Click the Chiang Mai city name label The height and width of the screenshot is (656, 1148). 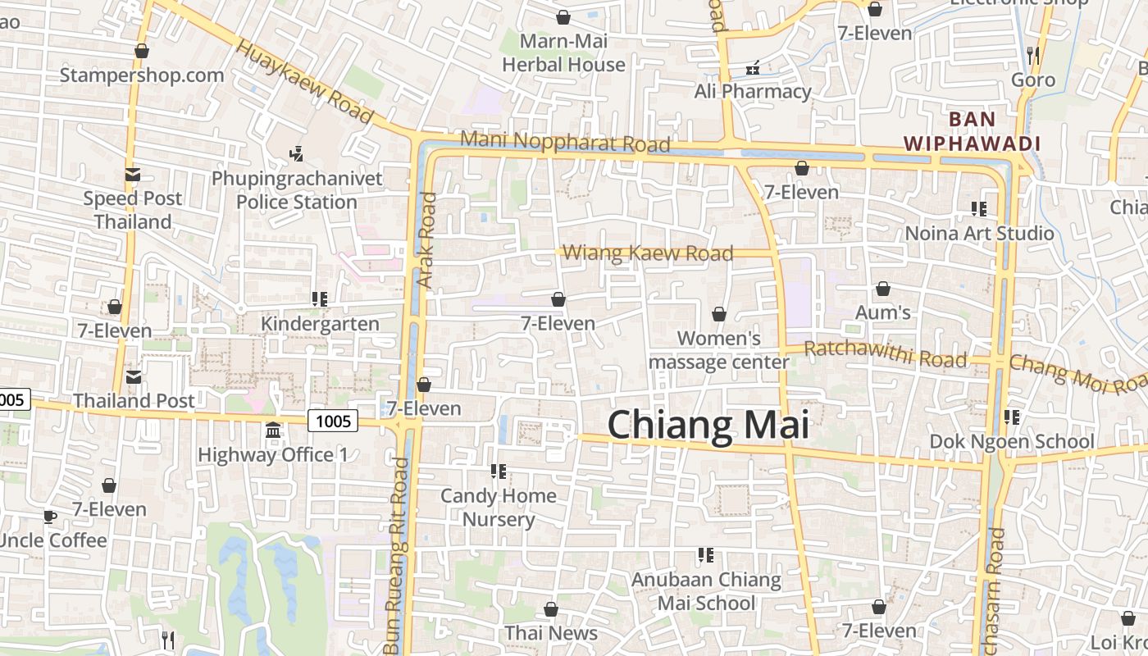(708, 426)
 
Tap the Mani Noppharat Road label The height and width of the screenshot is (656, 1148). (565, 141)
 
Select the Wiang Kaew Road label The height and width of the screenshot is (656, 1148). (648, 253)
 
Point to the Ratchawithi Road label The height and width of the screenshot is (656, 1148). (886, 354)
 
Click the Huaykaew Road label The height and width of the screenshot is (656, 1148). (304, 80)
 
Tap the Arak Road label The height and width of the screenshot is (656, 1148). (427, 239)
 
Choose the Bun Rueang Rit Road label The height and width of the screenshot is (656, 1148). (396, 549)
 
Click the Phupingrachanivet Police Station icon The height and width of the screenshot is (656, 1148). (297, 153)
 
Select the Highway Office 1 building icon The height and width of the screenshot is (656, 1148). (273, 430)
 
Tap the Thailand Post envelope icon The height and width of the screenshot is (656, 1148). (133, 376)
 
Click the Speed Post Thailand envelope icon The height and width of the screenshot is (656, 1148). (132, 175)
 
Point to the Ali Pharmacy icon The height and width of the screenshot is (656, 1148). (752, 68)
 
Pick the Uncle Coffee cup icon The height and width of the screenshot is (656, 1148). (49, 517)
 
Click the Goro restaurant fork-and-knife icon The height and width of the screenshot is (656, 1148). (1033, 56)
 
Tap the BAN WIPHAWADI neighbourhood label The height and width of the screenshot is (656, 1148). (972, 131)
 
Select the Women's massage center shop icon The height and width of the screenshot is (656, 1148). (719, 314)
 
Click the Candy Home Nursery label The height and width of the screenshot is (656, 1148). (499, 507)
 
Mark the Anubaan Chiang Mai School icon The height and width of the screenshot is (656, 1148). (705, 556)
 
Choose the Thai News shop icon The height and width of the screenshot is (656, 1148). (551, 609)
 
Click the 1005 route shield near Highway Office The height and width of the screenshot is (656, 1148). (334, 421)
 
